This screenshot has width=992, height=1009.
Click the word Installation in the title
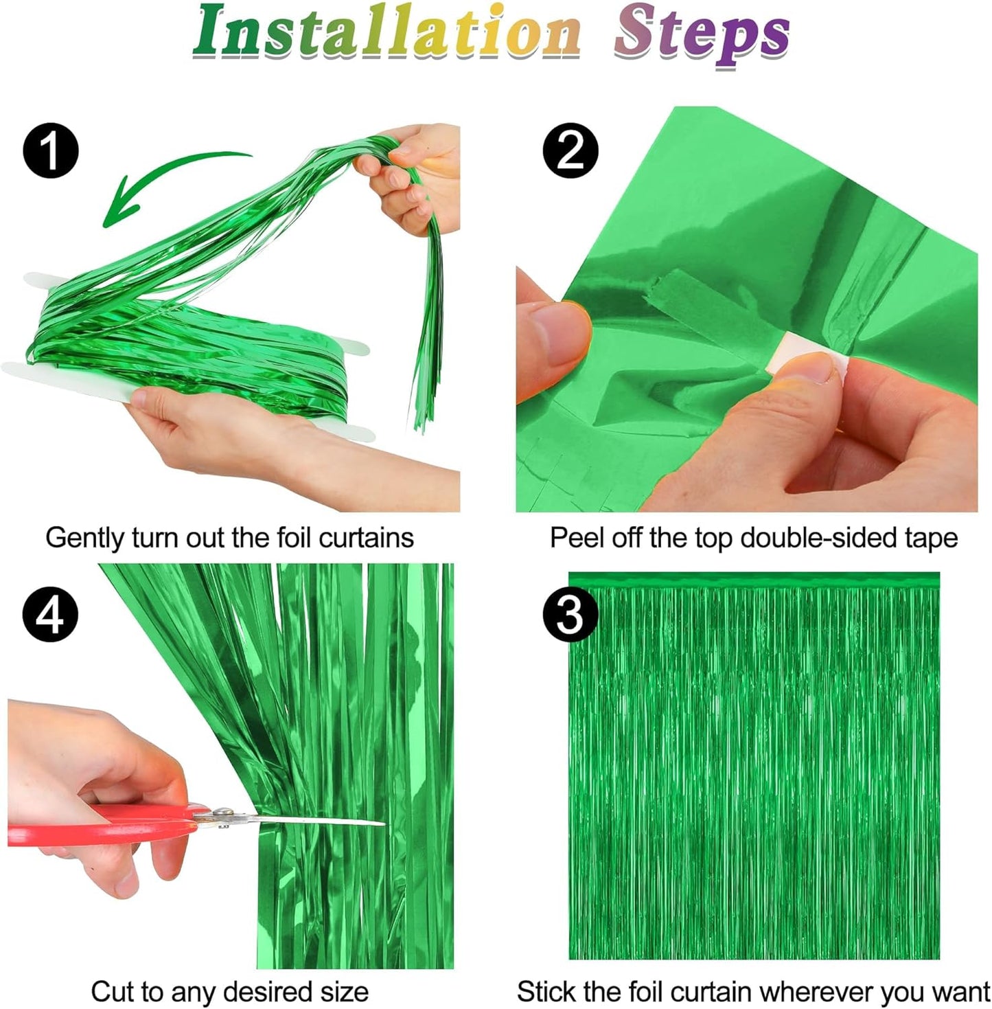pyautogui.click(x=387, y=32)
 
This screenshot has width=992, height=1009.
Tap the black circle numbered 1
pyautogui.click(x=50, y=150)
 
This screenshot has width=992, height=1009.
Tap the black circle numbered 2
pyautogui.click(x=570, y=150)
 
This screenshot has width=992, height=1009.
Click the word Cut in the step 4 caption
pyautogui.click(x=112, y=992)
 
